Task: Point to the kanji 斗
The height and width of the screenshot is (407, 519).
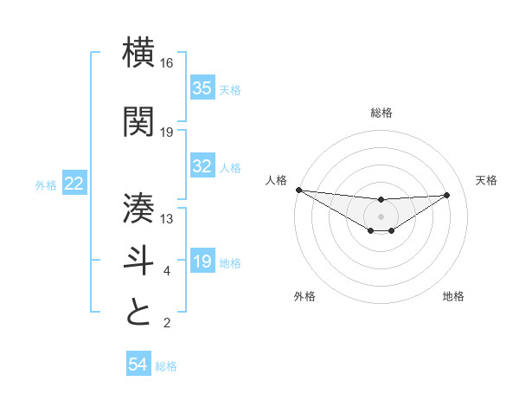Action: point(139,261)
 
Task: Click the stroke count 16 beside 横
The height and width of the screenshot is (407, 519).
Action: point(167,63)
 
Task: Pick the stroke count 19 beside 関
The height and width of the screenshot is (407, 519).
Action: point(167,132)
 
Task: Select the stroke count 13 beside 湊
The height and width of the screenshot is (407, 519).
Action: point(167,219)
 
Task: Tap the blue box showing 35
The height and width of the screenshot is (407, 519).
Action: point(202,88)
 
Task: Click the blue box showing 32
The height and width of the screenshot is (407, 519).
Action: point(202,167)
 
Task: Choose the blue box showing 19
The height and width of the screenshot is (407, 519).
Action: point(202,262)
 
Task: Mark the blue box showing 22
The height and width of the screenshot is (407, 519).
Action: point(74,184)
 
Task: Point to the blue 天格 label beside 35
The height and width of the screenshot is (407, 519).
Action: point(230,89)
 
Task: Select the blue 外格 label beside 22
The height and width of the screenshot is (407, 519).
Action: point(46,184)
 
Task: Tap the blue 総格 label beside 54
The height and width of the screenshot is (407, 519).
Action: point(166,366)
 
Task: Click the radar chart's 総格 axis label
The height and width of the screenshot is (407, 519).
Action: point(381,113)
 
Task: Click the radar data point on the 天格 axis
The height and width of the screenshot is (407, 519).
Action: point(446,195)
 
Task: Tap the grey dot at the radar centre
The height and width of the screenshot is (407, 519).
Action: point(381,216)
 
